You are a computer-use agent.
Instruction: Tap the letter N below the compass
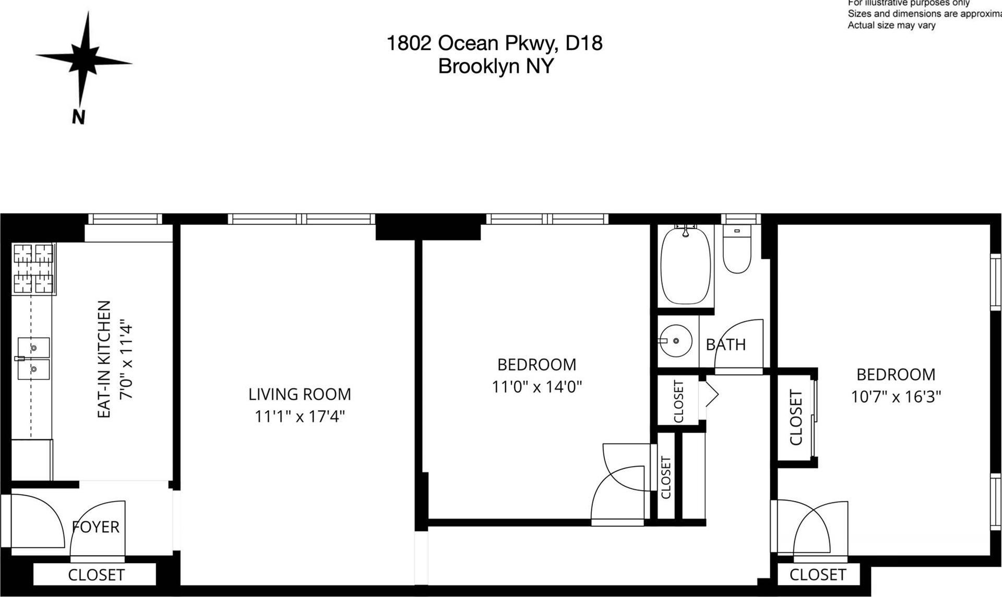78,117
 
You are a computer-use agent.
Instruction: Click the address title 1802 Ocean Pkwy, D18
494,43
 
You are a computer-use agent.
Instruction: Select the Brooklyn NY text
495,66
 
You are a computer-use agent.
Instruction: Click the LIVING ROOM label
300,394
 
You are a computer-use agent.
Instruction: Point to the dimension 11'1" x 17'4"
300,416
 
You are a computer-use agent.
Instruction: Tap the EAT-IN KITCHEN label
104,359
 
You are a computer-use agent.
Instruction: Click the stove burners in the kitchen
33,269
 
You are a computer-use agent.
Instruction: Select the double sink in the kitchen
33,358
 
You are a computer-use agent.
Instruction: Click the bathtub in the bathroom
685,266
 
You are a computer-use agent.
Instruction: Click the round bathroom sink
675,341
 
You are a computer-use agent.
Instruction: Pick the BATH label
725,344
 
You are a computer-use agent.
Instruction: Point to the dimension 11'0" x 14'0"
536,387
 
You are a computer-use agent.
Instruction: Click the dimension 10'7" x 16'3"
896,397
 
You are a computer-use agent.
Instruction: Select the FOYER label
96,527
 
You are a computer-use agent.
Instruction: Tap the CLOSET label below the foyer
96,575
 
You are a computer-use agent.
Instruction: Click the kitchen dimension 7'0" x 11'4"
127,362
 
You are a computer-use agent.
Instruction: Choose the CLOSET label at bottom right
817,575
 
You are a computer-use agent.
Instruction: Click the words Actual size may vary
891,25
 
